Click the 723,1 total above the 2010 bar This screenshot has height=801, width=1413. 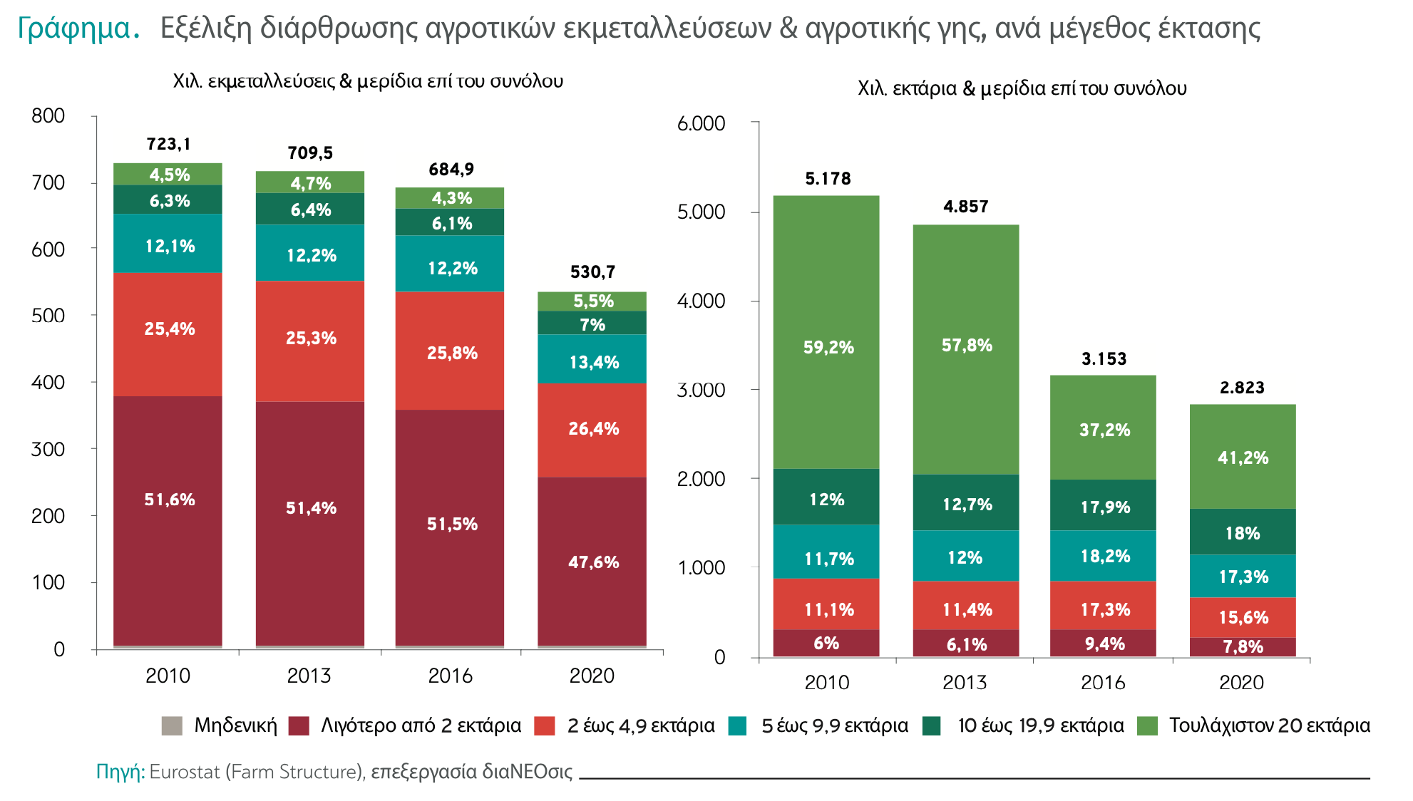pos(168,144)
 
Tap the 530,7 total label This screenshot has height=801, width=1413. pos(592,272)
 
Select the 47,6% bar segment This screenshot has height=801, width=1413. pos(592,562)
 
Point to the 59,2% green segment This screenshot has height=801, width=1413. pos(827,347)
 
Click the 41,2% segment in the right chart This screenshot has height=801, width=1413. pos(1243,458)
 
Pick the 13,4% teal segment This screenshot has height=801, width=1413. pos(593,362)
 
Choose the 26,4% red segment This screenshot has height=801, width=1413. pos(593,428)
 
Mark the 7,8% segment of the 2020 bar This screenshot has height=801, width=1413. pos(1243,646)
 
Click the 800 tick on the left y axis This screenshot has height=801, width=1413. pos(48,115)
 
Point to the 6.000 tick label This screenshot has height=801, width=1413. pos(701,123)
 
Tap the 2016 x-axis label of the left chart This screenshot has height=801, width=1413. pos(450,676)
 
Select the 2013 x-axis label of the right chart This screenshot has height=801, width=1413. pos(965,683)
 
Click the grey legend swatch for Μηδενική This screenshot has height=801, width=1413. pos(172,726)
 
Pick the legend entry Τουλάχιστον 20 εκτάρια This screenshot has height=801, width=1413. pos(1269,725)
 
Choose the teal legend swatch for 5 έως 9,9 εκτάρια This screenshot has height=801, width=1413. pos(738,726)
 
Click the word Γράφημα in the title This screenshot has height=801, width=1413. pos(75,29)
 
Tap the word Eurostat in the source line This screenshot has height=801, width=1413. pos(185,772)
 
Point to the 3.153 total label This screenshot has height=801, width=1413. pos(1104,359)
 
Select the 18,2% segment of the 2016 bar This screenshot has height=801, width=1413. pos(1104,556)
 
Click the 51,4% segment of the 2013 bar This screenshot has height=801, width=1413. pos(310,508)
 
